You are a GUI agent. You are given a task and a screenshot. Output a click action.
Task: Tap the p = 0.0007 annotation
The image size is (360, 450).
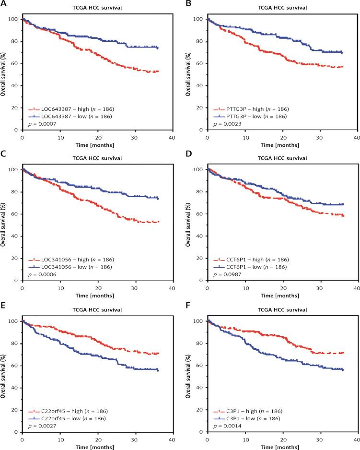42,124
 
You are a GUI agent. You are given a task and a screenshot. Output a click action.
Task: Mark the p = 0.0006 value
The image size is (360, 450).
42,274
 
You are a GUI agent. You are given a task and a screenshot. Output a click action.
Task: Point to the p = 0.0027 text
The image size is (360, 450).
42,425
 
